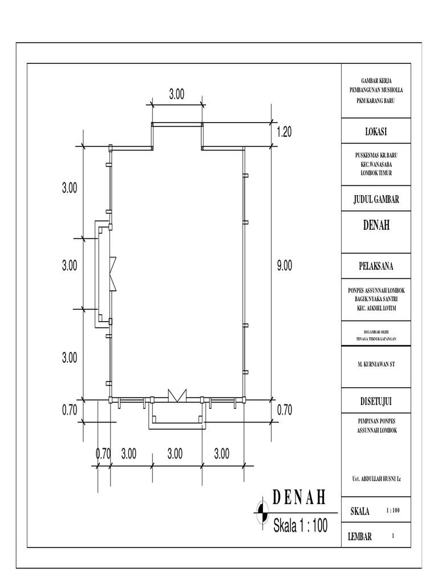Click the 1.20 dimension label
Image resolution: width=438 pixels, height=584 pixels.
284,132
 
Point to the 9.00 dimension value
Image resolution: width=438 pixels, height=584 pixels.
284,265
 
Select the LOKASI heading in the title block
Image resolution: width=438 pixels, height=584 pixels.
376,132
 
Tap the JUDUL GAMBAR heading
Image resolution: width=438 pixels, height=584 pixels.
376,199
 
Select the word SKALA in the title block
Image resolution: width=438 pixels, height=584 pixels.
360,512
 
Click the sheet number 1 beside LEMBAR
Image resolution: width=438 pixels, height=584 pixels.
393,536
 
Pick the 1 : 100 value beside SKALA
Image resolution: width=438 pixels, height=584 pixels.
393,511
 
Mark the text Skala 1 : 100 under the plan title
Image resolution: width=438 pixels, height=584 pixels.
301,525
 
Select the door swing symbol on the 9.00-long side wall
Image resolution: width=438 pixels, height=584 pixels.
112,273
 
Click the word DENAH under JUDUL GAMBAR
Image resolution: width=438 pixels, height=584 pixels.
376,226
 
